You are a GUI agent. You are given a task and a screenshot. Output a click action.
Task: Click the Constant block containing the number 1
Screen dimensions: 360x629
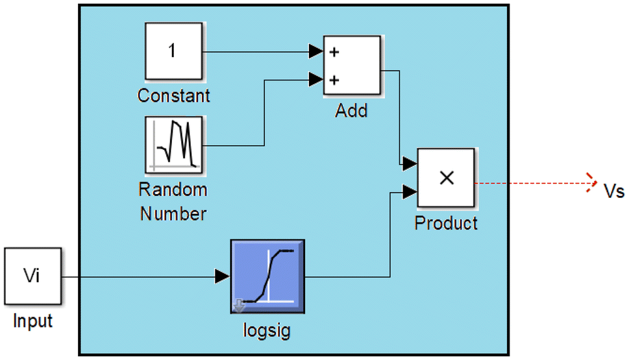(x=172, y=52)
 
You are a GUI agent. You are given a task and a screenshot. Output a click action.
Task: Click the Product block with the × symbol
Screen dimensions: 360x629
(x=445, y=178)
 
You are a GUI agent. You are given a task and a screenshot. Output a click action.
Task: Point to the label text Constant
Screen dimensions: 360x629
(x=173, y=96)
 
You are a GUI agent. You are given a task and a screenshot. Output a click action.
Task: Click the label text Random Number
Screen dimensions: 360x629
(x=173, y=201)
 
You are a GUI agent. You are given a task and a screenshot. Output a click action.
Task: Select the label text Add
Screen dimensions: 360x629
(x=351, y=111)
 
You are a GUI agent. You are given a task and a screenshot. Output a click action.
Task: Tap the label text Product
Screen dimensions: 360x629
(x=446, y=223)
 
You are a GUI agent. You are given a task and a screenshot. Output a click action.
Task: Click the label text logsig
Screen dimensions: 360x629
(x=267, y=331)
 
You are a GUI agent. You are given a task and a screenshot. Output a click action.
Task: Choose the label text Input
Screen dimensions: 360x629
(x=32, y=321)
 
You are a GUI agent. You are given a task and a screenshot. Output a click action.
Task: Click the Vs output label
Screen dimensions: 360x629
(x=613, y=190)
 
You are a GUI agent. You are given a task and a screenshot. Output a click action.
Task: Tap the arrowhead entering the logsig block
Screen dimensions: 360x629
(x=222, y=277)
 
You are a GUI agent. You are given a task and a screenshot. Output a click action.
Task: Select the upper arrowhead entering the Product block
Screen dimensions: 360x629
(x=409, y=164)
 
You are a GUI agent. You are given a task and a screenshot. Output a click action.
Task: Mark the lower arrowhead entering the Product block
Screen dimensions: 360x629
(x=409, y=191)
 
